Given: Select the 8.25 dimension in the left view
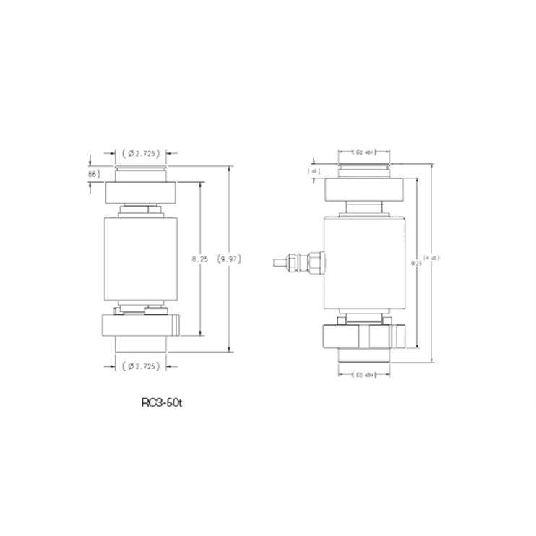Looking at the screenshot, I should pos(200,257).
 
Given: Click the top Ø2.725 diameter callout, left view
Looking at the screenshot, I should pos(141,153).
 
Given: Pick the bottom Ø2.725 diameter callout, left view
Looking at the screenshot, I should pos(141,366).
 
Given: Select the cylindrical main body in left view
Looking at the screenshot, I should pos(141,257).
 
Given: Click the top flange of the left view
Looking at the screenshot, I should pos(141,192).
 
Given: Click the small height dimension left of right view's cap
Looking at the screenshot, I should pos(314,171).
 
